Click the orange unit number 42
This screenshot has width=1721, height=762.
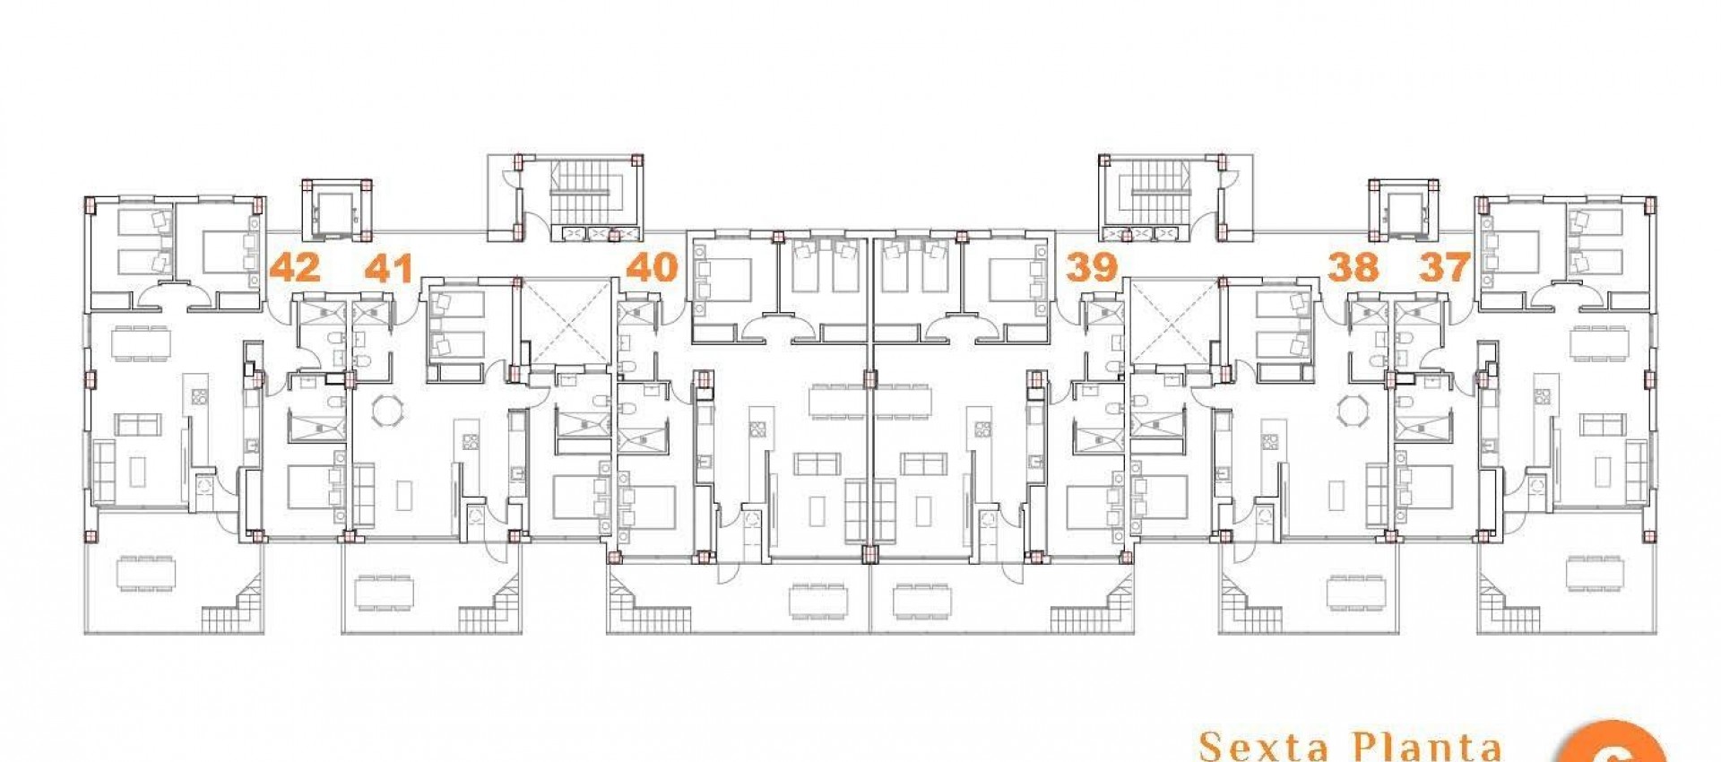pos(295,267)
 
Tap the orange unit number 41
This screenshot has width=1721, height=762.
pos(389,267)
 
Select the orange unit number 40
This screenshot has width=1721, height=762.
pos(652,266)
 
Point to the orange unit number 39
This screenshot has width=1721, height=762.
pos(1092,266)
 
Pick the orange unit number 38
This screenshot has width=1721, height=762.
pos(1353,266)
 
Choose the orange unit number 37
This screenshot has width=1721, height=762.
pos(1444,266)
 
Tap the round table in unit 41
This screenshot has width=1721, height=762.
pos(388,411)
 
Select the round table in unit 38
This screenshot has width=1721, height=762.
pos(1352,411)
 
